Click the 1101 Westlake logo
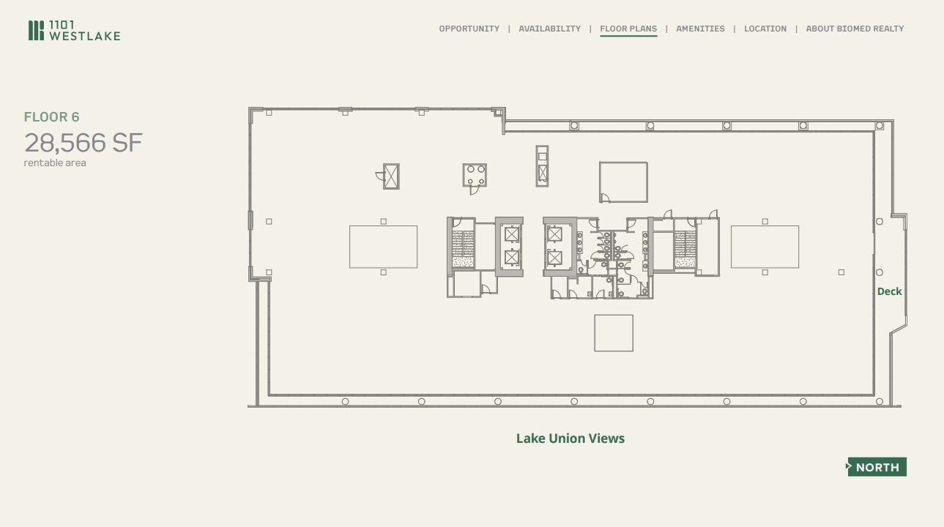coord(74,31)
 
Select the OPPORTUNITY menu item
coord(469,29)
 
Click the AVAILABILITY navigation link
coord(549,29)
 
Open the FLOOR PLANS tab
coord(628,29)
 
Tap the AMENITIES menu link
coord(700,29)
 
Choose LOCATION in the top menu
coord(765,29)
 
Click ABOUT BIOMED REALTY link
coord(855,29)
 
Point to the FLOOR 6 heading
coord(51,117)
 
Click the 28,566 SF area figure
coord(83,143)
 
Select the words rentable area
coord(55,163)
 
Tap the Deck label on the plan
coord(889,291)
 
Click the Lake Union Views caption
coord(570,438)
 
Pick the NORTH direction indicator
coord(877,467)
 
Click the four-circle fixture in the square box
coord(475,175)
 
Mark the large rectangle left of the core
coord(383,247)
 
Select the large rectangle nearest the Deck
coord(765,247)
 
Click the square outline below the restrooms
coord(613,333)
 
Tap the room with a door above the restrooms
coord(623,182)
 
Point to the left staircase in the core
coord(463,249)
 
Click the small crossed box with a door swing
coord(392,176)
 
